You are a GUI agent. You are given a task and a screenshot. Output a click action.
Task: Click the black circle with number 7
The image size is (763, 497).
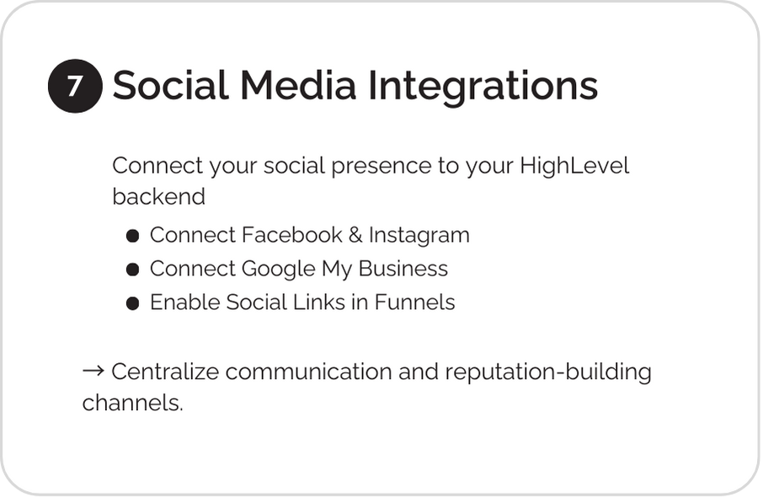[75, 86]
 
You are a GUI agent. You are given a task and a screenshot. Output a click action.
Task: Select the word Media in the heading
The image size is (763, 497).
[298, 85]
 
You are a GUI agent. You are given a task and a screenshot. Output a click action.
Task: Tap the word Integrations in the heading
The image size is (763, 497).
[483, 87]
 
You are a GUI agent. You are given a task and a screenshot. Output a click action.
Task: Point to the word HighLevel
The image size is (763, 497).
[574, 165]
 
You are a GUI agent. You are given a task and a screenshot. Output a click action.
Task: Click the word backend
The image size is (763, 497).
[158, 196]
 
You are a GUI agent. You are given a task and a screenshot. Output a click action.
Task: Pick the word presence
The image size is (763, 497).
[381, 167]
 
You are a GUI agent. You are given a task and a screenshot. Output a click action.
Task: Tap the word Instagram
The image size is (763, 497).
[419, 236]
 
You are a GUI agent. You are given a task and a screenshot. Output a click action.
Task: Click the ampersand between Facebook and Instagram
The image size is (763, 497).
[355, 235]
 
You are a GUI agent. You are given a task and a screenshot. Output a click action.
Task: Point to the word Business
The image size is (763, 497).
[403, 268]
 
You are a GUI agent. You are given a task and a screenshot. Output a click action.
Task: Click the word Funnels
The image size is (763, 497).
[414, 302]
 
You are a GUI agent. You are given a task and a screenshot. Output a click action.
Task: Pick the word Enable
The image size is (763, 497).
[185, 302]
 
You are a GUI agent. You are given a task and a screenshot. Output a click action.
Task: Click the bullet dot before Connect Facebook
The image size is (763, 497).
[133, 236]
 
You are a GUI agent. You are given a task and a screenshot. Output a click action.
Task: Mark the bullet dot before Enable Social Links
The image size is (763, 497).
[133, 303]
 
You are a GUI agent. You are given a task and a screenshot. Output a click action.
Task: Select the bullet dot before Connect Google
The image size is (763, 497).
[133, 270]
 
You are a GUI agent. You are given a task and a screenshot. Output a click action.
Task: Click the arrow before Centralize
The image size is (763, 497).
[93, 371]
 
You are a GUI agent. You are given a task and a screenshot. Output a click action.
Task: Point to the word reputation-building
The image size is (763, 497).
[548, 372]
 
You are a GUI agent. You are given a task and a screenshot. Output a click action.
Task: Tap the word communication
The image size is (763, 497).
[308, 371]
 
